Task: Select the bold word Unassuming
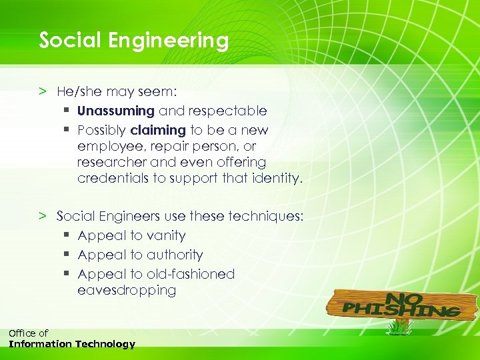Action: pos(116,111)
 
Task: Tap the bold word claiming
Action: pos(158,130)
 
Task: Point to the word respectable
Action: pos(227,111)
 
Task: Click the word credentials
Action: pos(113,179)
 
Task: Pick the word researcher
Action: pos(111,162)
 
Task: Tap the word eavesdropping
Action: pos(127,291)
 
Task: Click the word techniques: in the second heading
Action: pos(265,216)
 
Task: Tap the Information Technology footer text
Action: pos(71,345)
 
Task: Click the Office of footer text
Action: pos(28,333)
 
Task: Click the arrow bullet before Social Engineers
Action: pos(43,216)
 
